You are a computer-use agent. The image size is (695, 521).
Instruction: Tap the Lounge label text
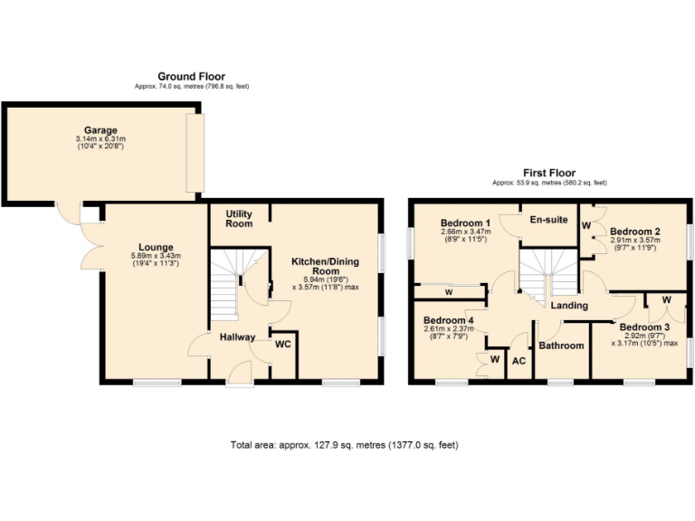pos(156,247)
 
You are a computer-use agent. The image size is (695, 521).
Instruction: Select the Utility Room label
pos(239,219)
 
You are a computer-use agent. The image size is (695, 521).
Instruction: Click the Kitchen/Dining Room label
pos(325,266)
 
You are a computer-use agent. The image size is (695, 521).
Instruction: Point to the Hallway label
pos(237,337)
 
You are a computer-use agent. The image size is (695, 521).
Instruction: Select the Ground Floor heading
pos(191,77)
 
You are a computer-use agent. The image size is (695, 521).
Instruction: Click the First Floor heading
pos(549,173)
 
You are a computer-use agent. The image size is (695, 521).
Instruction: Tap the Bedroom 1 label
pos(465,223)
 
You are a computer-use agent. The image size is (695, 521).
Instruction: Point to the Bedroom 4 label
pos(448,320)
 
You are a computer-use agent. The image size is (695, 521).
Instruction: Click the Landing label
pos(569,306)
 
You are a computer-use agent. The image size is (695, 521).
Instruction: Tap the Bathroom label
pos(561,346)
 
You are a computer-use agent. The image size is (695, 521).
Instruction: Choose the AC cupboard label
pos(519,361)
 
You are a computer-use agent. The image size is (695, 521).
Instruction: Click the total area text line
pos(344,445)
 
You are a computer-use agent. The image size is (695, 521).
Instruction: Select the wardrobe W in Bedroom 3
pos(666,299)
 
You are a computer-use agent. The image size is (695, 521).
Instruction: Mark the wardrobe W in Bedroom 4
pos(494,360)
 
